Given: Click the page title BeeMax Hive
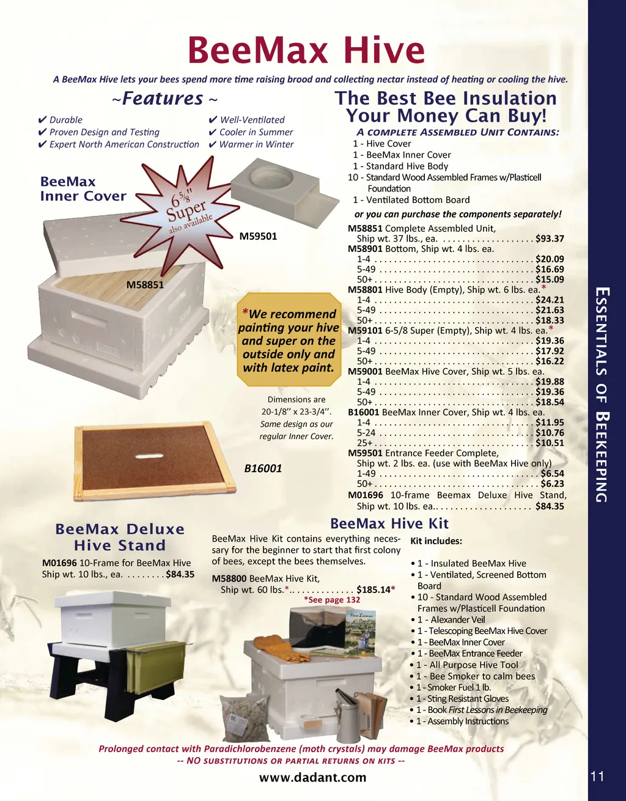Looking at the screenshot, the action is point(306,50).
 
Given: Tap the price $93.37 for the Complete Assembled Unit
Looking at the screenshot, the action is point(550,238).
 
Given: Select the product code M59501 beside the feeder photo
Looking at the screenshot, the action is point(258,236).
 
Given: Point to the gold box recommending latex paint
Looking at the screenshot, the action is point(289,339).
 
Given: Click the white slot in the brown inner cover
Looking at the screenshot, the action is point(149,456).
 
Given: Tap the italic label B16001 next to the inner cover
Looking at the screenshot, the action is point(263,468).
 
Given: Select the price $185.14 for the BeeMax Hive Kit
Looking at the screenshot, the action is point(374,589).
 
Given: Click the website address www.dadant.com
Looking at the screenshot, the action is point(312,777).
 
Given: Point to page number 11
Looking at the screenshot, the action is point(597,777).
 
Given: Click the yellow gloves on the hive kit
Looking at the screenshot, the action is point(281,648).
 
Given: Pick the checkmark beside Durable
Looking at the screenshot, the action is point(42,120).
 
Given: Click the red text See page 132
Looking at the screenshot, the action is point(332,600).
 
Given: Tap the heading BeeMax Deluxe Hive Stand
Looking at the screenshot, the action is point(120,537).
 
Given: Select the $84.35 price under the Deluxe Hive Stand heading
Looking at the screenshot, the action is point(180,574).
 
